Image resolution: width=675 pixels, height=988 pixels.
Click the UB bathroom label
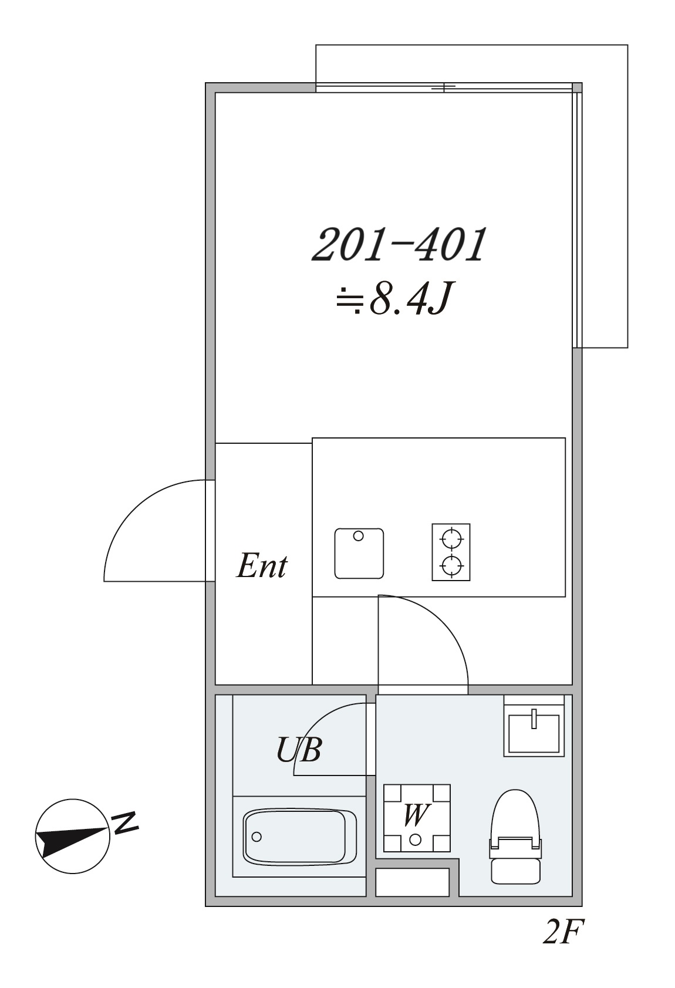(299, 750)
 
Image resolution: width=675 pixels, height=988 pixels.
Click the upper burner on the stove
(451, 538)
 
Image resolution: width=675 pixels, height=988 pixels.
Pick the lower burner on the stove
(451, 565)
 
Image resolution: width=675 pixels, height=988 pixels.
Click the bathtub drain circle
(256, 837)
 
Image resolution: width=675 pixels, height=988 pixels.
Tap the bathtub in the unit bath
(300, 837)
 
